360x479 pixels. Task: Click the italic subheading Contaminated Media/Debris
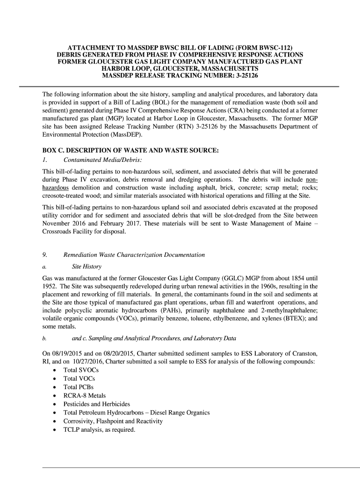coord(102,160)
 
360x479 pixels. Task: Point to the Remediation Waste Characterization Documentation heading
coord(134,255)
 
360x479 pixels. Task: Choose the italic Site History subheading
coord(86,266)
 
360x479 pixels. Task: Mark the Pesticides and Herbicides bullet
coord(97,404)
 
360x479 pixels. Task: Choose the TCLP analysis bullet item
coord(99,429)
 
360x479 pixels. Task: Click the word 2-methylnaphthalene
coord(287,310)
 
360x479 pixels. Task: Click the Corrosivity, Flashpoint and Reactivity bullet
coord(113,421)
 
